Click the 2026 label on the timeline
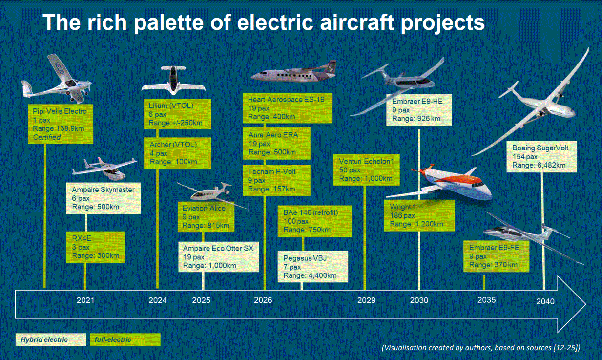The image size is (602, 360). [263, 300]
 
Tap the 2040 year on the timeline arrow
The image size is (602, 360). [545, 301]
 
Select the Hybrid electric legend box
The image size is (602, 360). [50, 339]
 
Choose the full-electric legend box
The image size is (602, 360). [125, 339]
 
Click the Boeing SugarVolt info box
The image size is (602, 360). [541, 156]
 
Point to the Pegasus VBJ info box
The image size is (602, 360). [312, 267]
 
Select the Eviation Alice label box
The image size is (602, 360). [206, 217]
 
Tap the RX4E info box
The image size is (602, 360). [95, 247]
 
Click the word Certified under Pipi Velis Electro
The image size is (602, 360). [47, 137]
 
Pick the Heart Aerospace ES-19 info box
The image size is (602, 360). [288, 108]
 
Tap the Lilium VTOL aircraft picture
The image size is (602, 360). [173, 80]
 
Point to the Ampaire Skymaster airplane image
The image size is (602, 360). [105, 169]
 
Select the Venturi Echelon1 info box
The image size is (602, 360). [366, 169]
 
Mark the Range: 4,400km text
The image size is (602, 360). [310, 275]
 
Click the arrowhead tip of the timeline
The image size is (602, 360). [585, 304]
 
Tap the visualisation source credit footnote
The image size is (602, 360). [481, 348]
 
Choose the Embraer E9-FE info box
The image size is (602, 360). [496, 256]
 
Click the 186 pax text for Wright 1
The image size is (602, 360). [402, 215]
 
